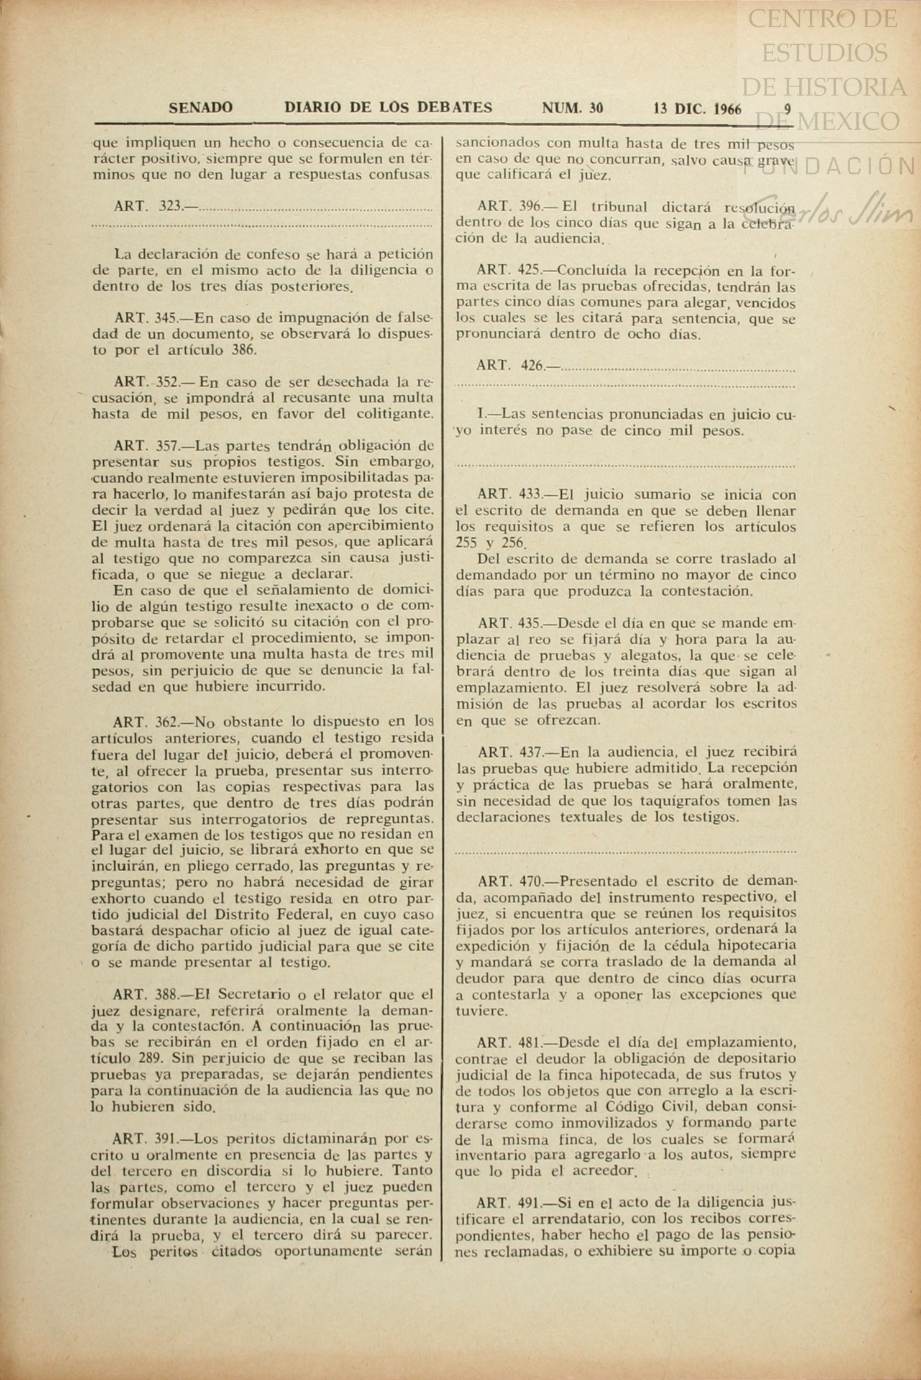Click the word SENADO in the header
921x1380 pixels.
pyautogui.click(x=201, y=108)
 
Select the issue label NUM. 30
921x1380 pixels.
pyautogui.click(x=572, y=108)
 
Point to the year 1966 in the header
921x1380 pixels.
pyautogui.click(x=728, y=109)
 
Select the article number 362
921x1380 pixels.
pyautogui.click(x=166, y=722)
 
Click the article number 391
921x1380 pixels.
pyautogui.click(x=166, y=1139)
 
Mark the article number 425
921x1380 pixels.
pyautogui.click(x=529, y=271)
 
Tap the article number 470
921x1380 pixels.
pyautogui.click(x=530, y=881)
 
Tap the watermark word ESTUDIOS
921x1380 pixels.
pyautogui.click(x=825, y=53)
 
